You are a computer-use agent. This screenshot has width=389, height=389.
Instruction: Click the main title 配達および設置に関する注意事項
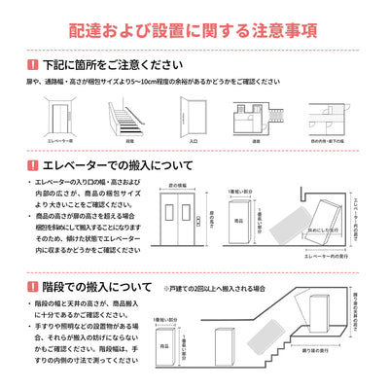tap(194, 30)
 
